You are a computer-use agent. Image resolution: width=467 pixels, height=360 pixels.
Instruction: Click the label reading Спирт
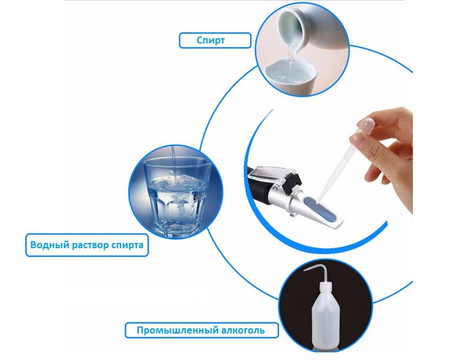pos(211,40)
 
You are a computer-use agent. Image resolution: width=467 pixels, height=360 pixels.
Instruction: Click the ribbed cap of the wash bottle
pos(325,286)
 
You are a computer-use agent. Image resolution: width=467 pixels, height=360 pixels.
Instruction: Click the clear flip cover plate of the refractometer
pos(271,172)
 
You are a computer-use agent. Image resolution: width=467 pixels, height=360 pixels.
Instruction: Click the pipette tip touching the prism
pos(318,202)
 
